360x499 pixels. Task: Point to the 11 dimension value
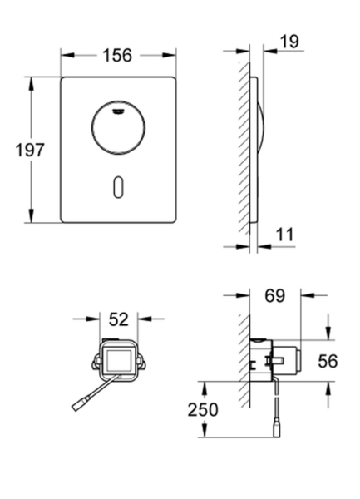(286, 235)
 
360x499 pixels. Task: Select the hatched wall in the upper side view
(242, 150)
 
